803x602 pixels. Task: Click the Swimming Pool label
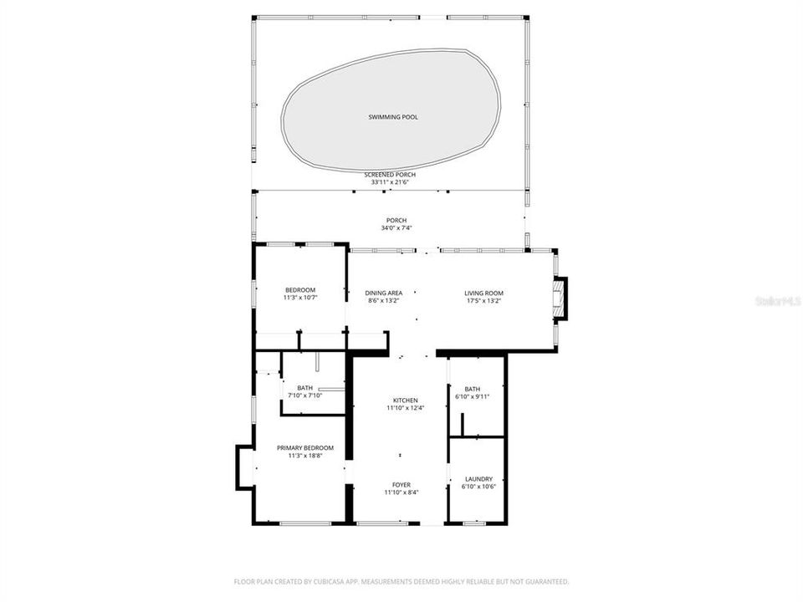click(x=393, y=117)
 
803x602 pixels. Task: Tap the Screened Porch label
click(x=390, y=175)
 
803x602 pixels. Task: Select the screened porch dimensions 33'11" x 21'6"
click(x=390, y=182)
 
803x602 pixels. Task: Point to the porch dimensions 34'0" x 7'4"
click(x=390, y=228)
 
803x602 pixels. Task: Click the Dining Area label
click(x=384, y=293)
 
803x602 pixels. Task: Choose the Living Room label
click(x=484, y=293)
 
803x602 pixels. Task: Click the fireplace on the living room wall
click(x=560, y=298)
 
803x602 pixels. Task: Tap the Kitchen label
click(x=406, y=400)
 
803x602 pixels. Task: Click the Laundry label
click(x=479, y=479)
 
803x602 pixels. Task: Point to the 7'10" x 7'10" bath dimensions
click(x=304, y=395)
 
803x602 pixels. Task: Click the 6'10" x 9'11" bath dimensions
click(x=473, y=396)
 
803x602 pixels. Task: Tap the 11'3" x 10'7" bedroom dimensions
click(x=299, y=298)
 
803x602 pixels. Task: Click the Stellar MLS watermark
click(x=776, y=299)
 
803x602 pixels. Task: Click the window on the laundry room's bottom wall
click(x=475, y=523)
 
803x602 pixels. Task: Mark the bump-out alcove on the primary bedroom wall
click(x=245, y=467)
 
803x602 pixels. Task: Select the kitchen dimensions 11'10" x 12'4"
click(x=406, y=408)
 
